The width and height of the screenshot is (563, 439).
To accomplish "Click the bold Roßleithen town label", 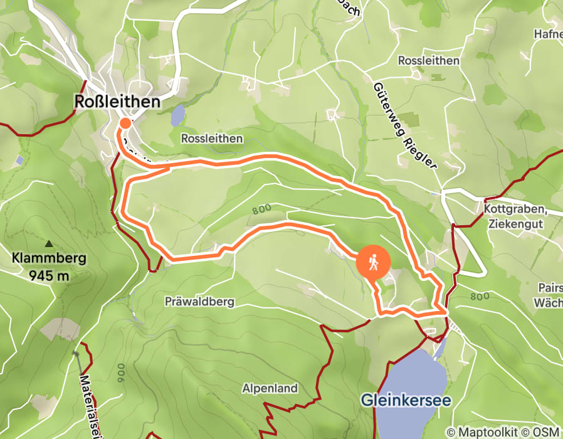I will (x=117, y=102).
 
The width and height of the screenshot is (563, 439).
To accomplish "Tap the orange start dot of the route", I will (x=125, y=124).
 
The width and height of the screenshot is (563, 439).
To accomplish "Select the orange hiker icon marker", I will (x=374, y=262).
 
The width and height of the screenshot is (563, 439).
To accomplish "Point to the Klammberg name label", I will (x=49, y=258).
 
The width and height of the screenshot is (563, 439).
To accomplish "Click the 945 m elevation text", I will (x=49, y=274).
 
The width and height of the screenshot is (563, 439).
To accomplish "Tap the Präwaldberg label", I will (x=199, y=302).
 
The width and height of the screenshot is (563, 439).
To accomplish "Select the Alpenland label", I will (x=270, y=389).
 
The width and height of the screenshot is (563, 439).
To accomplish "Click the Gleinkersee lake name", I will (x=406, y=400).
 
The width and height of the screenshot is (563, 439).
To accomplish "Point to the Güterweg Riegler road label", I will (x=404, y=125).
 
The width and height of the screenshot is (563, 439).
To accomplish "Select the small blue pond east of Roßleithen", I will (x=178, y=115).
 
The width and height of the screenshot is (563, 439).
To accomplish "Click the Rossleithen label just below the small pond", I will (x=211, y=138).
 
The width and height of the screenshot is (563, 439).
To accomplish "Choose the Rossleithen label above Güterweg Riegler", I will (x=429, y=61).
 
